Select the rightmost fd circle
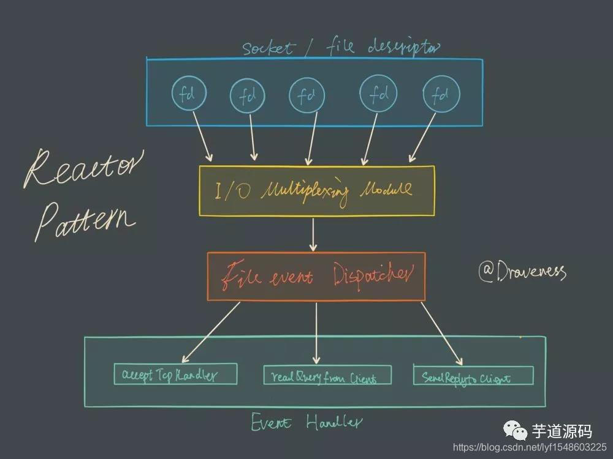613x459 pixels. coord(440,95)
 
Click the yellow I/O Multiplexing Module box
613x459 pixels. coord(316,190)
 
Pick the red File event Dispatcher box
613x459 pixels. coord(316,276)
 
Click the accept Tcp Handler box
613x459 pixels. coord(175,375)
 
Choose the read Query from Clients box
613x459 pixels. coord(319,375)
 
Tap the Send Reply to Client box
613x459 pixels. coord(473,375)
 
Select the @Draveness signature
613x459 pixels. coord(522,271)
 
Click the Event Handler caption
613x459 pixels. coord(306,422)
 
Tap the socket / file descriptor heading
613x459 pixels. coord(341,47)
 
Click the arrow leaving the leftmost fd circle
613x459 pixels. coord(201,136)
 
